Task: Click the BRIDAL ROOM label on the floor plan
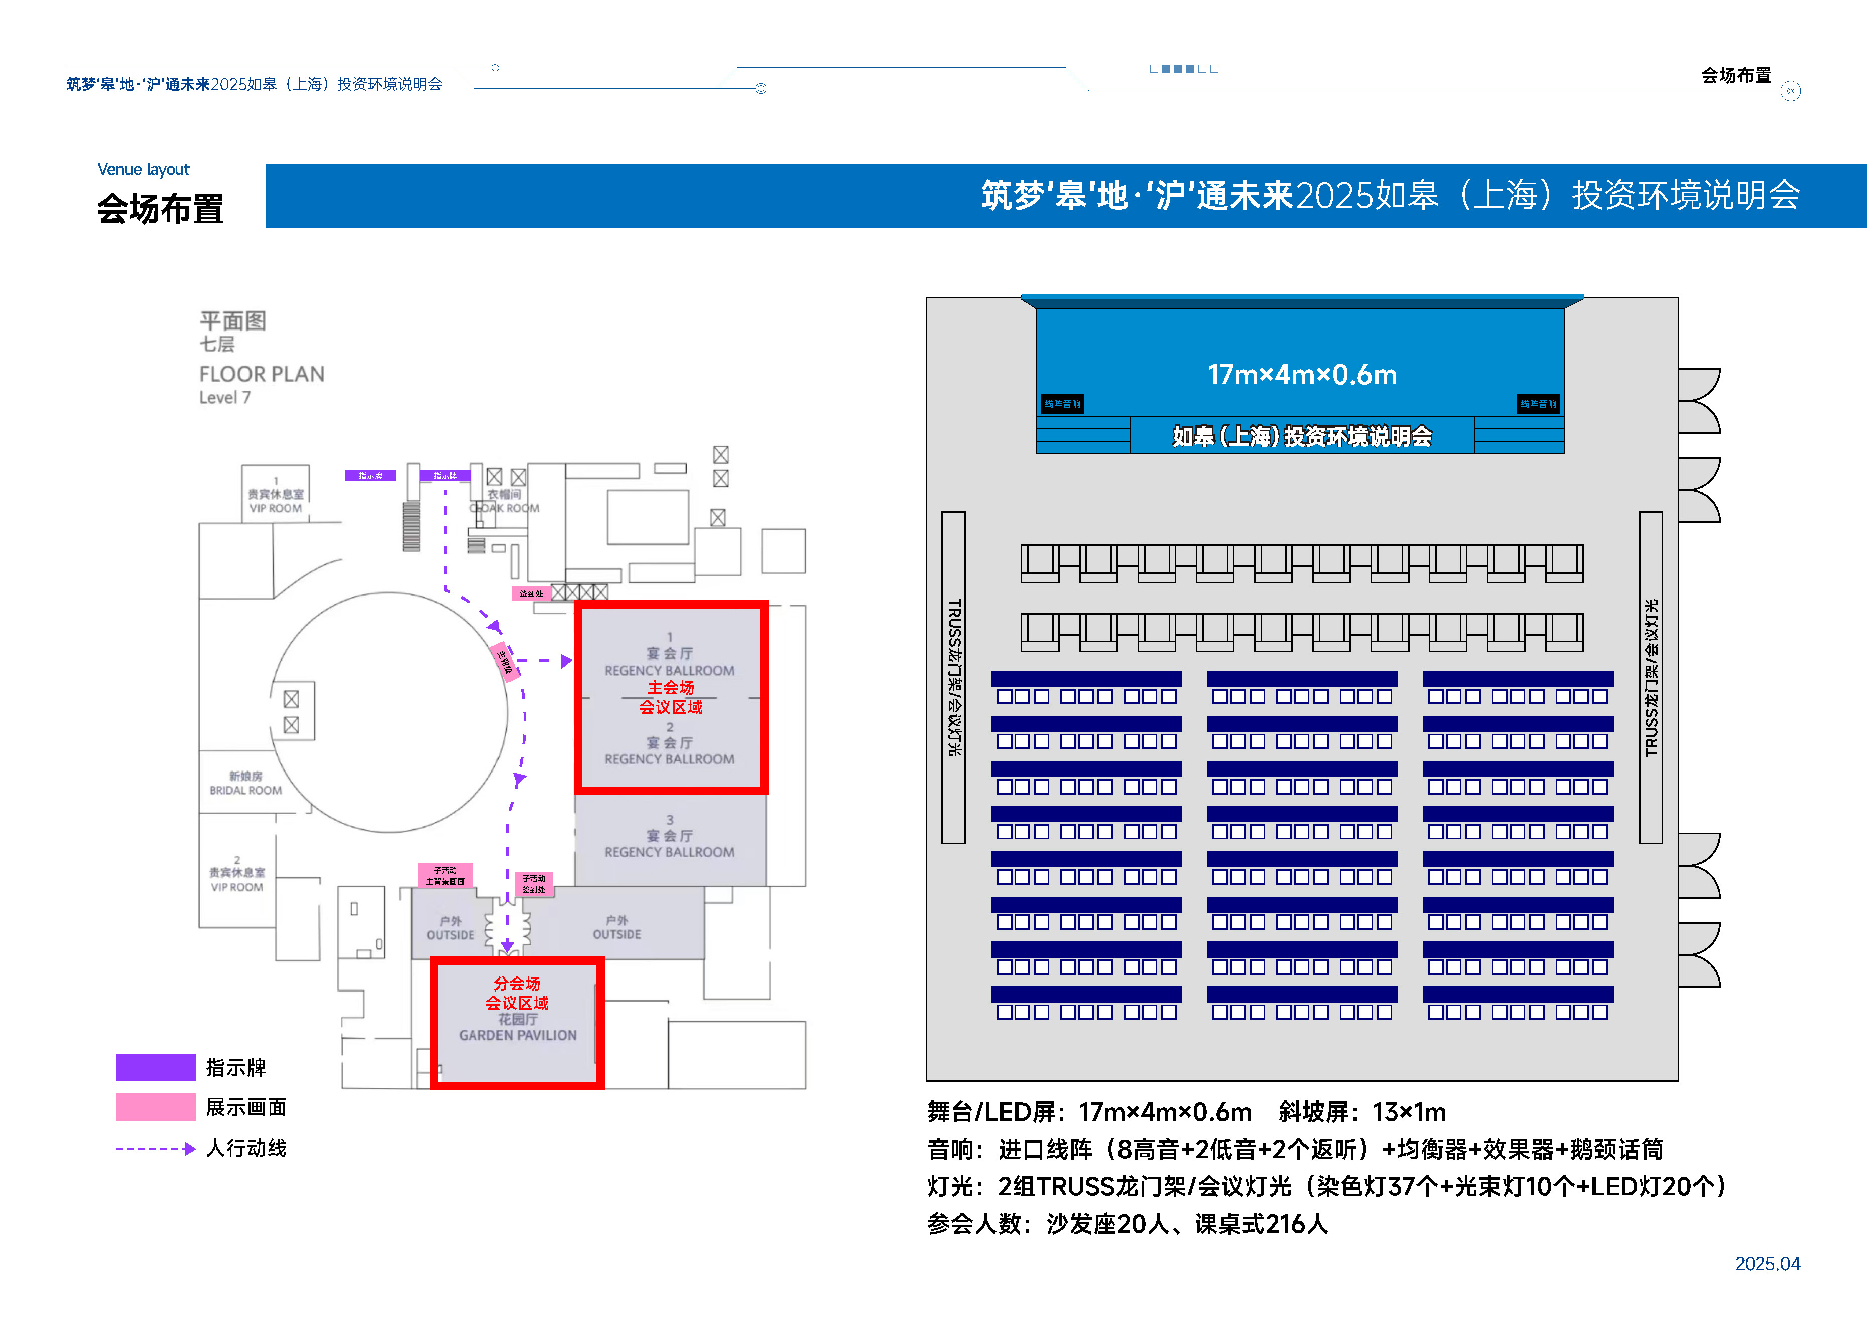[x=245, y=790]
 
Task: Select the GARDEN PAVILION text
[x=518, y=1035]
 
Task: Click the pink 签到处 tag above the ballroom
[x=531, y=594]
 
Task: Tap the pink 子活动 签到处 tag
[x=534, y=884]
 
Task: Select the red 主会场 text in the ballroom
[x=671, y=687]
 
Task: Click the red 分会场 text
[x=517, y=983]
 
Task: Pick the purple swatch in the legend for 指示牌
[x=155, y=1067]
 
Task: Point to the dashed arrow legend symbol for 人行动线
[x=155, y=1149]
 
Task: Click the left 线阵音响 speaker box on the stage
[x=1062, y=403]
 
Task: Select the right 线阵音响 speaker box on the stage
[x=1538, y=403]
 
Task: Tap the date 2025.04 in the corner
[x=1767, y=1263]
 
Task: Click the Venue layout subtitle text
[x=143, y=169]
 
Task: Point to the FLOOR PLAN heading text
[x=262, y=374]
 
